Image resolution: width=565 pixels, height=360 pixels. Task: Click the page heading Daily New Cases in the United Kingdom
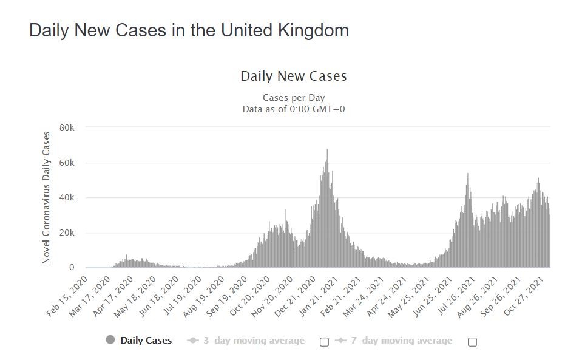pos(189,31)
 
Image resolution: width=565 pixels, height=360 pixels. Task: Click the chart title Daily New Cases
pos(293,76)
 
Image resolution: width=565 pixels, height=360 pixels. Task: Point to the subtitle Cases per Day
pos(293,98)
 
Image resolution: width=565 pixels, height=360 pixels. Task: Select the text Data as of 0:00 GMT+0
pos(293,109)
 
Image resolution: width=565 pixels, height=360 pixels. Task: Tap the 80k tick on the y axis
pos(66,127)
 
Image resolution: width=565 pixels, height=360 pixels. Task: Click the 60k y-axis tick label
pos(66,163)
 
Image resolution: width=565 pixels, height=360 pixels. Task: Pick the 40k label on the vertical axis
pos(66,198)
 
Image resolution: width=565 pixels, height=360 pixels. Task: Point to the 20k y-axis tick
pos(66,233)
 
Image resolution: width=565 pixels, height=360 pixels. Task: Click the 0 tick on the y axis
pos(71,268)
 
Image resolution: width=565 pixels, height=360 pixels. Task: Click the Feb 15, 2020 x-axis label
pos(68,296)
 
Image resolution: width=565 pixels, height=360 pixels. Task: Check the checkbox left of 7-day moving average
pos(324,342)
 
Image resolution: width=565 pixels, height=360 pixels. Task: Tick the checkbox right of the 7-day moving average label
pos(472,342)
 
